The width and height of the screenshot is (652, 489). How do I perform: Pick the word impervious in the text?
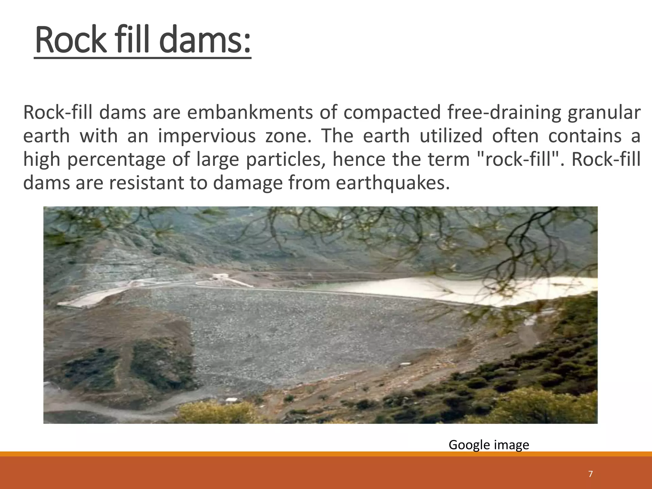coord(207,136)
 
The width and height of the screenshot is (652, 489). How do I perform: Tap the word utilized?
coord(451,136)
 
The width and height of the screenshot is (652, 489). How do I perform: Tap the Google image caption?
coord(489,445)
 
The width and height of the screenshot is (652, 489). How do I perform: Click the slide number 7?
coord(591,474)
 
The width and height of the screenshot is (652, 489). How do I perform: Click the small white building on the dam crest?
coord(219,277)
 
